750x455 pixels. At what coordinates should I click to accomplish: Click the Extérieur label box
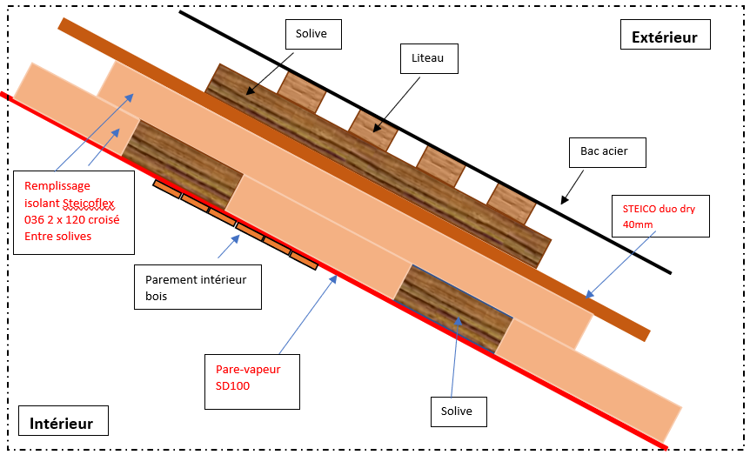click(x=665, y=35)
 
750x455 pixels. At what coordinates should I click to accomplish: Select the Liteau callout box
click(x=429, y=58)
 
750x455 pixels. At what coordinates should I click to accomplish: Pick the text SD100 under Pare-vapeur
click(x=232, y=385)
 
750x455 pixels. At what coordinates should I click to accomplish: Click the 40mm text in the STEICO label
click(x=638, y=224)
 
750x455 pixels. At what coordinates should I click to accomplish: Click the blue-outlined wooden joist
click(x=453, y=309)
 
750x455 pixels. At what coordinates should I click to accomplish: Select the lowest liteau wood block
click(x=512, y=204)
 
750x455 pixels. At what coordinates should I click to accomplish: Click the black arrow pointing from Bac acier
click(x=572, y=187)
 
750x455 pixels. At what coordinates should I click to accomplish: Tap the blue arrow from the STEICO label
click(x=620, y=264)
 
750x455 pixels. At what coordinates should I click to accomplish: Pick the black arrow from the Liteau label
click(x=397, y=104)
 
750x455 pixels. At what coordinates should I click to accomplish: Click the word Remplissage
click(x=57, y=186)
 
